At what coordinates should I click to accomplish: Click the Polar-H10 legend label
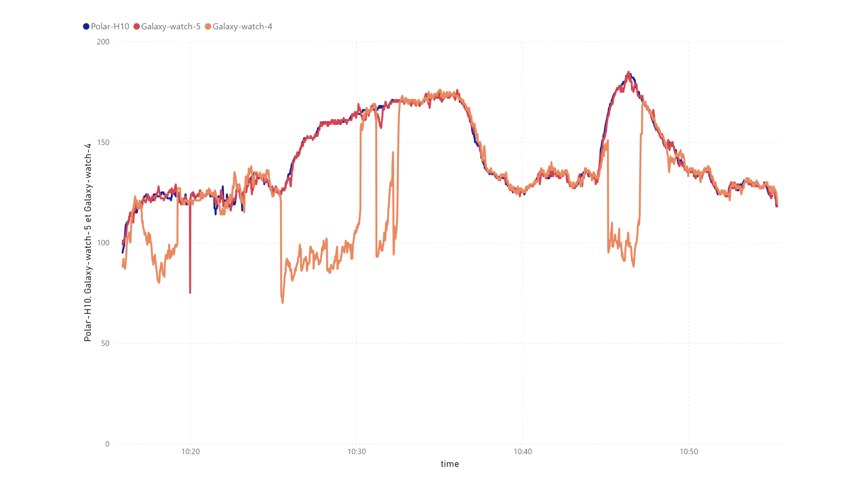click(110, 27)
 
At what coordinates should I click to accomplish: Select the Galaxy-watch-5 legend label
click(170, 27)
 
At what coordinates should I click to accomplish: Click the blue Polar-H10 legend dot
click(86, 27)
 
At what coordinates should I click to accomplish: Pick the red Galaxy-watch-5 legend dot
click(136, 27)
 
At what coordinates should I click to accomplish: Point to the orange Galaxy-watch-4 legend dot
click(208, 27)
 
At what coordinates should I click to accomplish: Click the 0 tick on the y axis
click(107, 444)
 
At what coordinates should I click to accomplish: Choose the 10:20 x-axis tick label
click(190, 452)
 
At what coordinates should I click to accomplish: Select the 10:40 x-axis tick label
click(523, 452)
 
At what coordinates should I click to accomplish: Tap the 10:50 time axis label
click(689, 452)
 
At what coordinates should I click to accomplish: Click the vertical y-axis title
click(88, 243)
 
